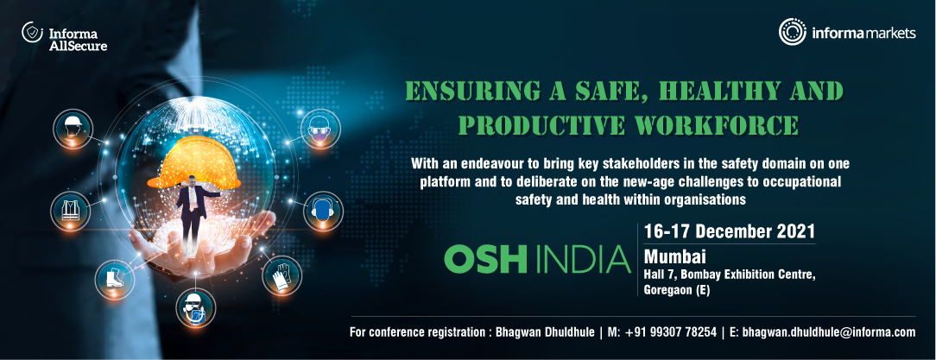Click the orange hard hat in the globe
[193, 162]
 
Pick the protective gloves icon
[281, 275]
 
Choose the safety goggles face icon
[321, 129]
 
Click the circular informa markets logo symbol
[792, 32]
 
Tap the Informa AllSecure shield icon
[31, 32]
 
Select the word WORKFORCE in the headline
[711, 125]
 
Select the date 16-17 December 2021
[730, 231]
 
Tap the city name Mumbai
[674, 256]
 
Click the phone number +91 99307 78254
[671, 332]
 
